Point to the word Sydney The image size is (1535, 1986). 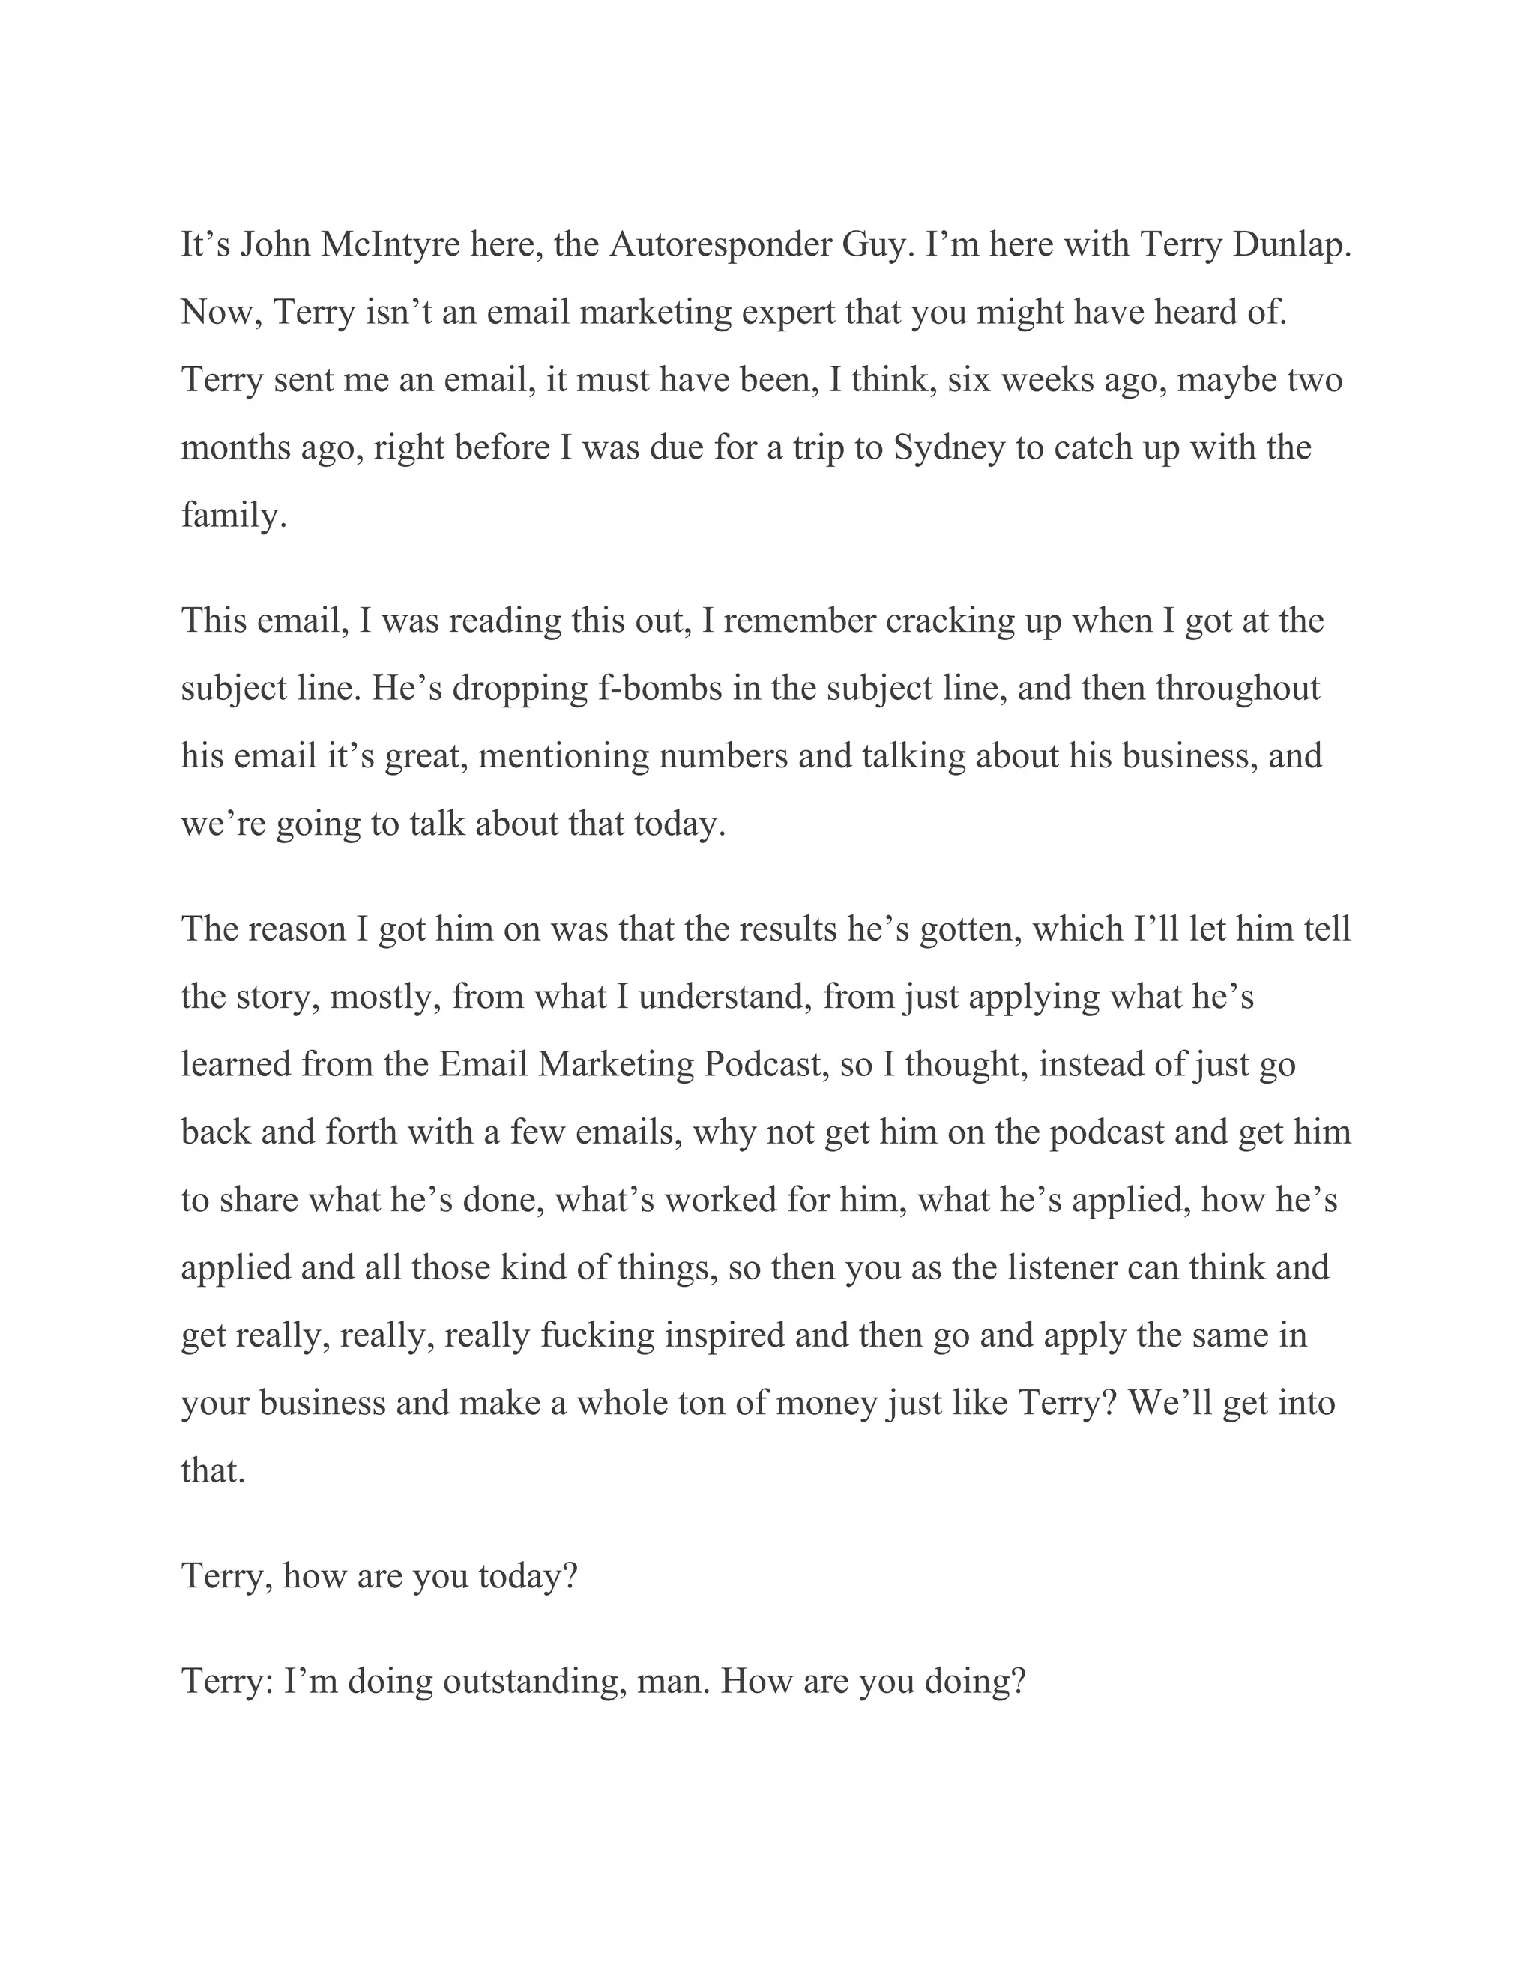tap(950, 447)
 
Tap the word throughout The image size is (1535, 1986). tap(1237, 689)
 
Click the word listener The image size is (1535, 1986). tap(1063, 1267)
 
